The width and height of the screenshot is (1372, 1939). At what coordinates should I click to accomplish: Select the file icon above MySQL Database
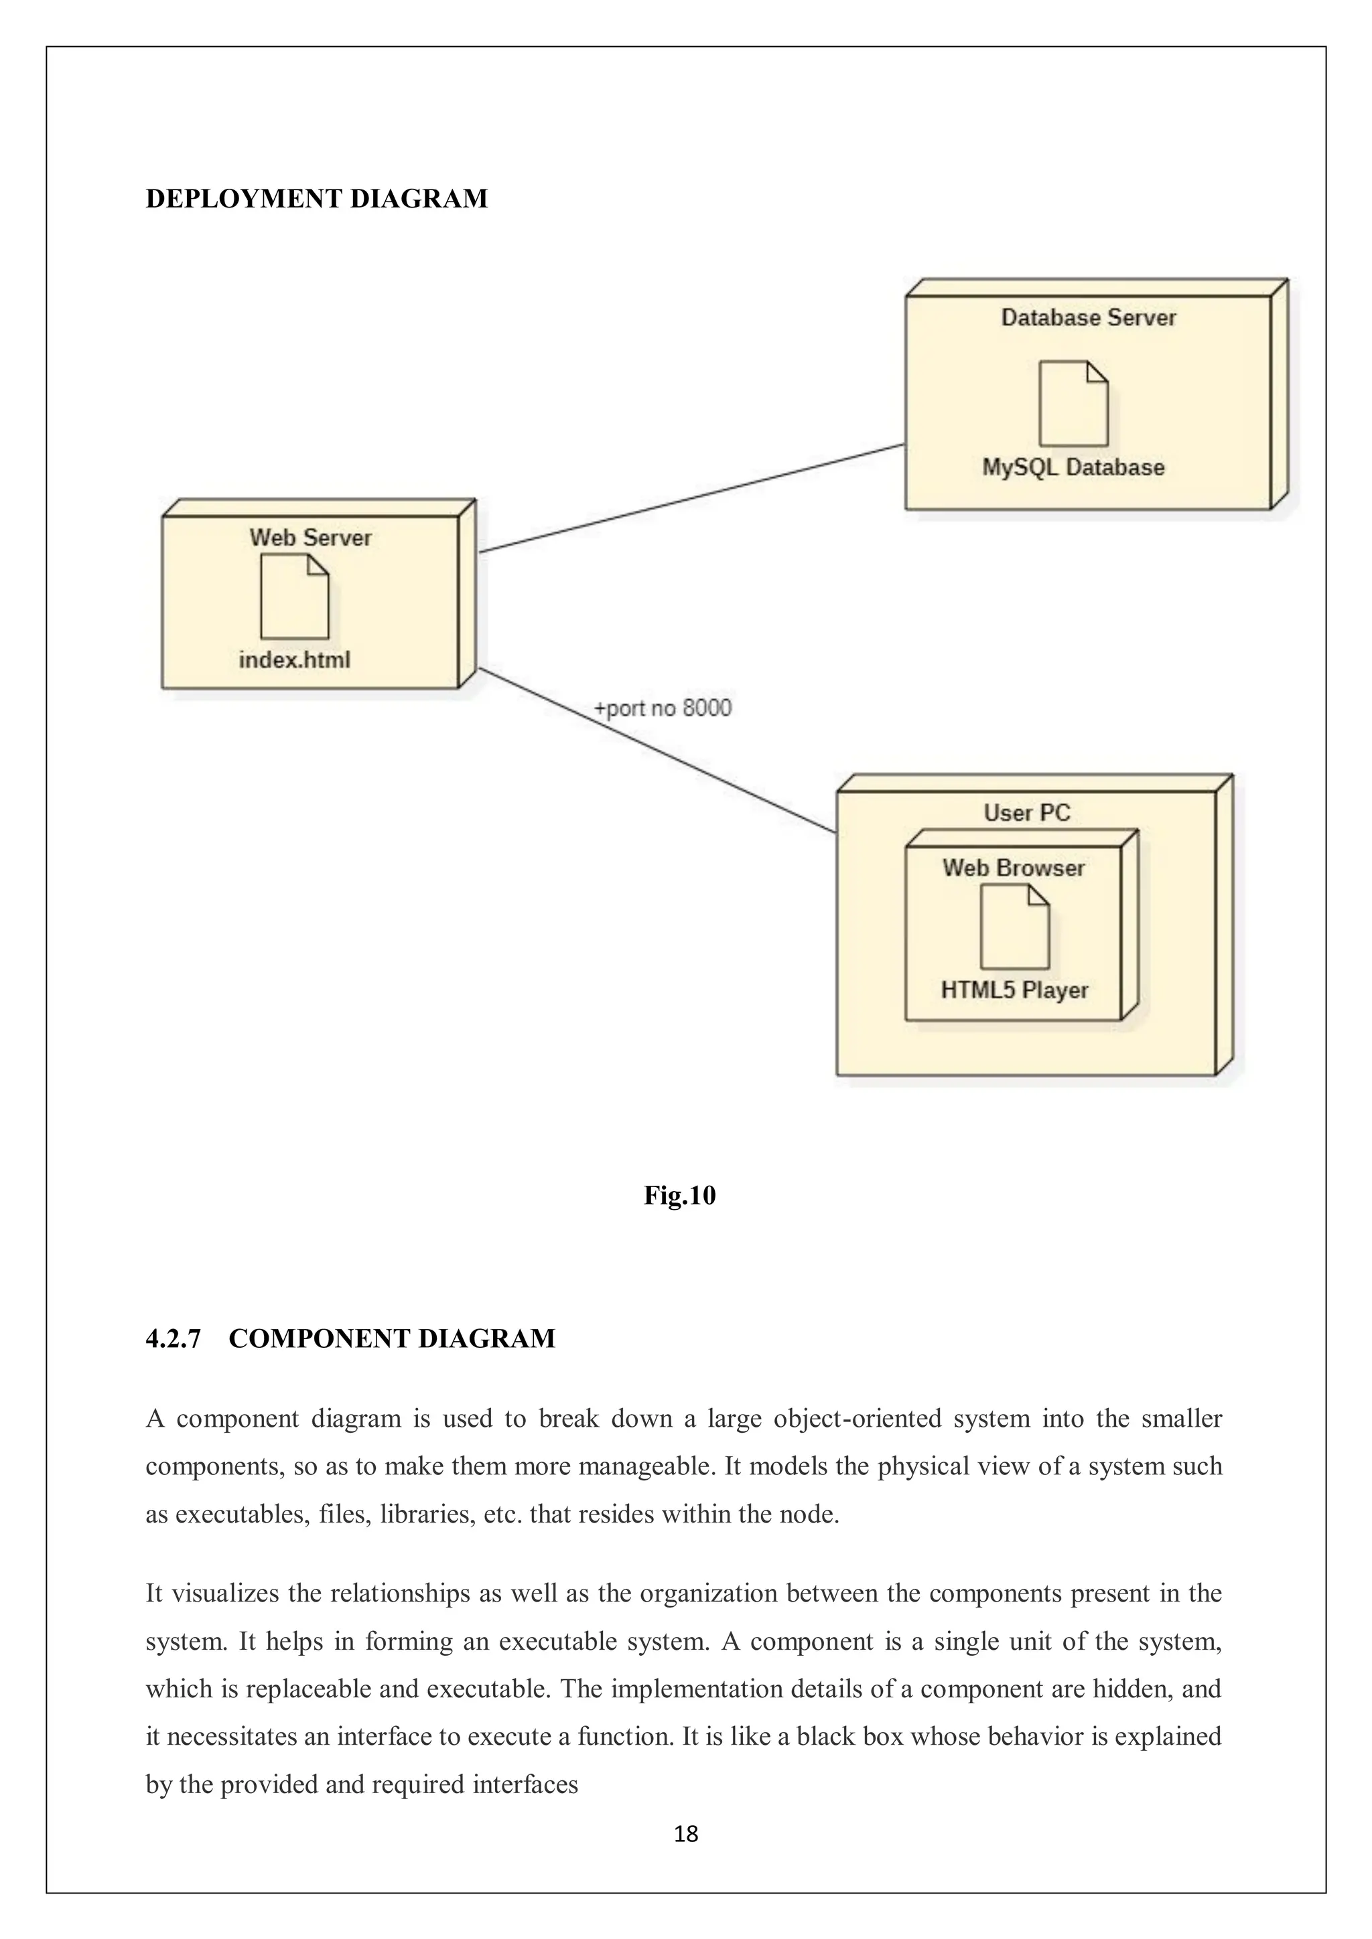pos(1073,404)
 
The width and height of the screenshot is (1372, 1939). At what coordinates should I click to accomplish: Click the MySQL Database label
pos(1073,467)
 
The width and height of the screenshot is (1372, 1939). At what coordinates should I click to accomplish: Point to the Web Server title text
pos(310,537)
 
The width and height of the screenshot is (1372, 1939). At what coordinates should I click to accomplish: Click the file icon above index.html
pos(294,597)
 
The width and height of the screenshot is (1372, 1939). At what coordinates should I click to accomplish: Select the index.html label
pos(294,660)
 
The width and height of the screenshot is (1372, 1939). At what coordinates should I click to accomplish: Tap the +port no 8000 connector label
pos(663,708)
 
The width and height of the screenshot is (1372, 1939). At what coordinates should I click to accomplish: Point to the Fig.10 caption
pos(679,1195)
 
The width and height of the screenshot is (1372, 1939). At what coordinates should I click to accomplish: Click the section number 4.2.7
pos(174,1338)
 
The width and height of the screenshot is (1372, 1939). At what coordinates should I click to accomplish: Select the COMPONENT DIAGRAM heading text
pos(392,1338)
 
